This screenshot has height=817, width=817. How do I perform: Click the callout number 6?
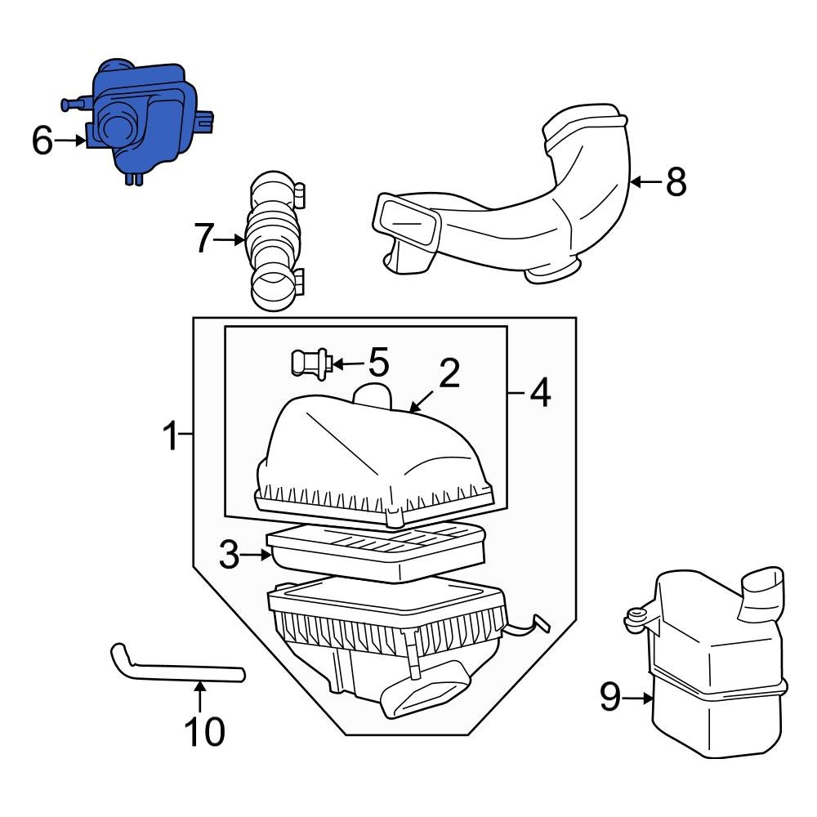coord(42,141)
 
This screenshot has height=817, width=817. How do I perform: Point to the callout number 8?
coord(675,181)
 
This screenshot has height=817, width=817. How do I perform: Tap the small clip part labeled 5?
coord(308,362)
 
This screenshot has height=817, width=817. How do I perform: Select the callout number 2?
coord(449,374)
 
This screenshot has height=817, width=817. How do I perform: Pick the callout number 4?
coord(539,395)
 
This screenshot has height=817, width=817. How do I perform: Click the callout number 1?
coord(169,436)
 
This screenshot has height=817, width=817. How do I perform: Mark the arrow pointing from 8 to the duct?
coord(645,181)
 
